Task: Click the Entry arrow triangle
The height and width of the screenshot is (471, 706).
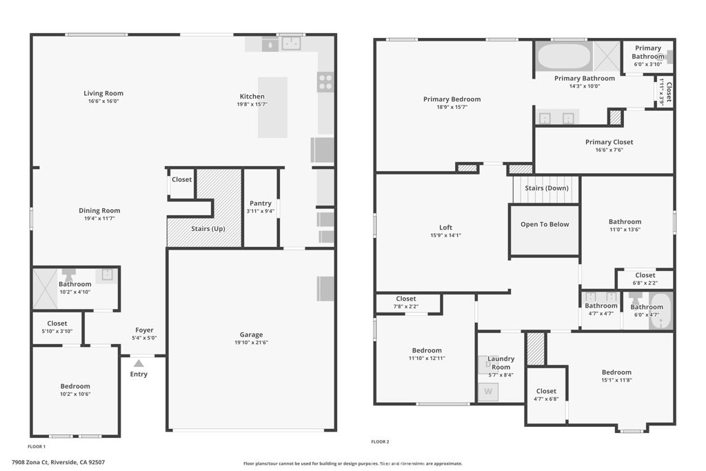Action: point(139,363)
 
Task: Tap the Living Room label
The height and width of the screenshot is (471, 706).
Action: point(103,93)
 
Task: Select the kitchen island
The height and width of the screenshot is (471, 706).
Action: point(272,107)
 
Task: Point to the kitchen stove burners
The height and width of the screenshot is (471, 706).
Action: point(325,82)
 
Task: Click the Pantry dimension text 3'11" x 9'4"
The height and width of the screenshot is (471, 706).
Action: point(260,211)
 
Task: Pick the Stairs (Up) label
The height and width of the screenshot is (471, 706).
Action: point(208,229)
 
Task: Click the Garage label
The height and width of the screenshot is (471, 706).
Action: point(251,334)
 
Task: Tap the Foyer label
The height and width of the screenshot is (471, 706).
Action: point(145,330)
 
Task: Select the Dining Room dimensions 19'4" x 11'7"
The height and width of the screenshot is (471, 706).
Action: point(99,219)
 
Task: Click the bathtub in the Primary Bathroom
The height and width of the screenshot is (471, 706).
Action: point(563,57)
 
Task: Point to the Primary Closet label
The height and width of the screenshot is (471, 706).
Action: point(609,142)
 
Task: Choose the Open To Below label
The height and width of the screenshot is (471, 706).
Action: point(545,224)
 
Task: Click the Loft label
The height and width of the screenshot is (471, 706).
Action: point(446,228)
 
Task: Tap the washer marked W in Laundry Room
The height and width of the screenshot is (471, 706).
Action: point(488,391)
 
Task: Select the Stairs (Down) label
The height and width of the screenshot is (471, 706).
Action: point(547,188)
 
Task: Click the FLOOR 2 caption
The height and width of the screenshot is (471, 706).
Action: point(380,442)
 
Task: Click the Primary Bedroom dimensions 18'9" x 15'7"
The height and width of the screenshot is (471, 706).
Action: point(452,107)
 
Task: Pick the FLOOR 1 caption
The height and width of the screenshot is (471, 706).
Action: point(37,447)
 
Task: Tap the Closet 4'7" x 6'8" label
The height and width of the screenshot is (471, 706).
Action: point(546,394)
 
